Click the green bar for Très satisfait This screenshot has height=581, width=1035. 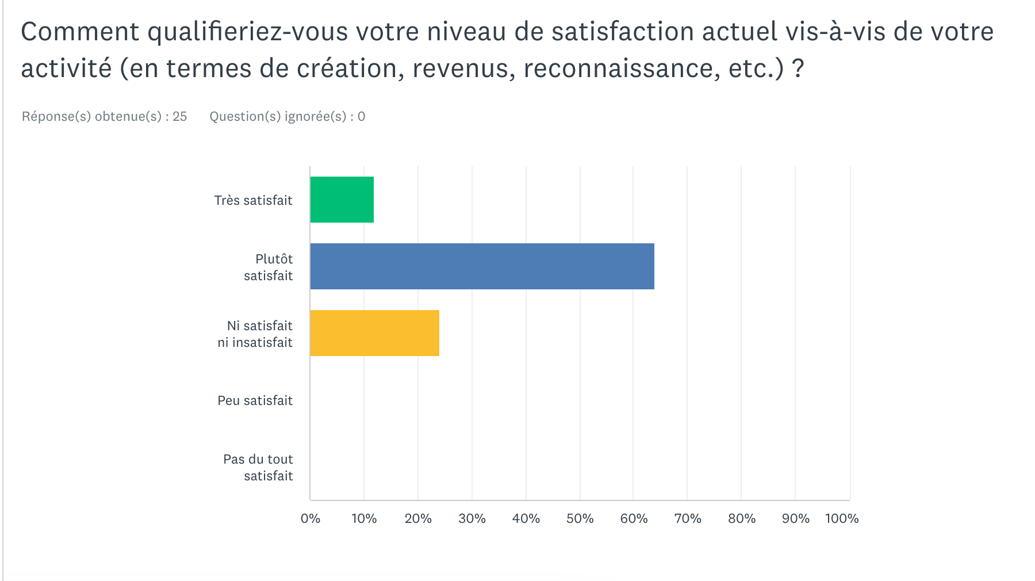(x=342, y=200)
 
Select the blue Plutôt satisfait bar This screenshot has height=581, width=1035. (x=482, y=266)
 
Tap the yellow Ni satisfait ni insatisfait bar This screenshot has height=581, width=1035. (x=374, y=333)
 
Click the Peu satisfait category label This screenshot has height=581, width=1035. (x=255, y=400)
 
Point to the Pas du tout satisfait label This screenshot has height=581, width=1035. (x=258, y=467)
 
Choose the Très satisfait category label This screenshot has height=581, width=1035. (x=253, y=200)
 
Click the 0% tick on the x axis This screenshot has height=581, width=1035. (x=310, y=518)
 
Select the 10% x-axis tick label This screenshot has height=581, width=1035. (x=364, y=518)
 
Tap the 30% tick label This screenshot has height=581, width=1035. (x=472, y=518)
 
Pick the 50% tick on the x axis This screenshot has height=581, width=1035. (x=580, y=518)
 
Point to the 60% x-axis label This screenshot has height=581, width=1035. (x=634, y=518)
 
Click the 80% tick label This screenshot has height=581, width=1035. (x=742, y=518)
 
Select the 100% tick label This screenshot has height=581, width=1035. (x=842, y=518)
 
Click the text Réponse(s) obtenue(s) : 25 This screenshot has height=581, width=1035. (x=104, y=116)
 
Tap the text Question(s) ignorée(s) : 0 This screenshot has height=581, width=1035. (x=287, y=116)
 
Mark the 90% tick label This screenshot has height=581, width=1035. (x=796, y=518)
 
